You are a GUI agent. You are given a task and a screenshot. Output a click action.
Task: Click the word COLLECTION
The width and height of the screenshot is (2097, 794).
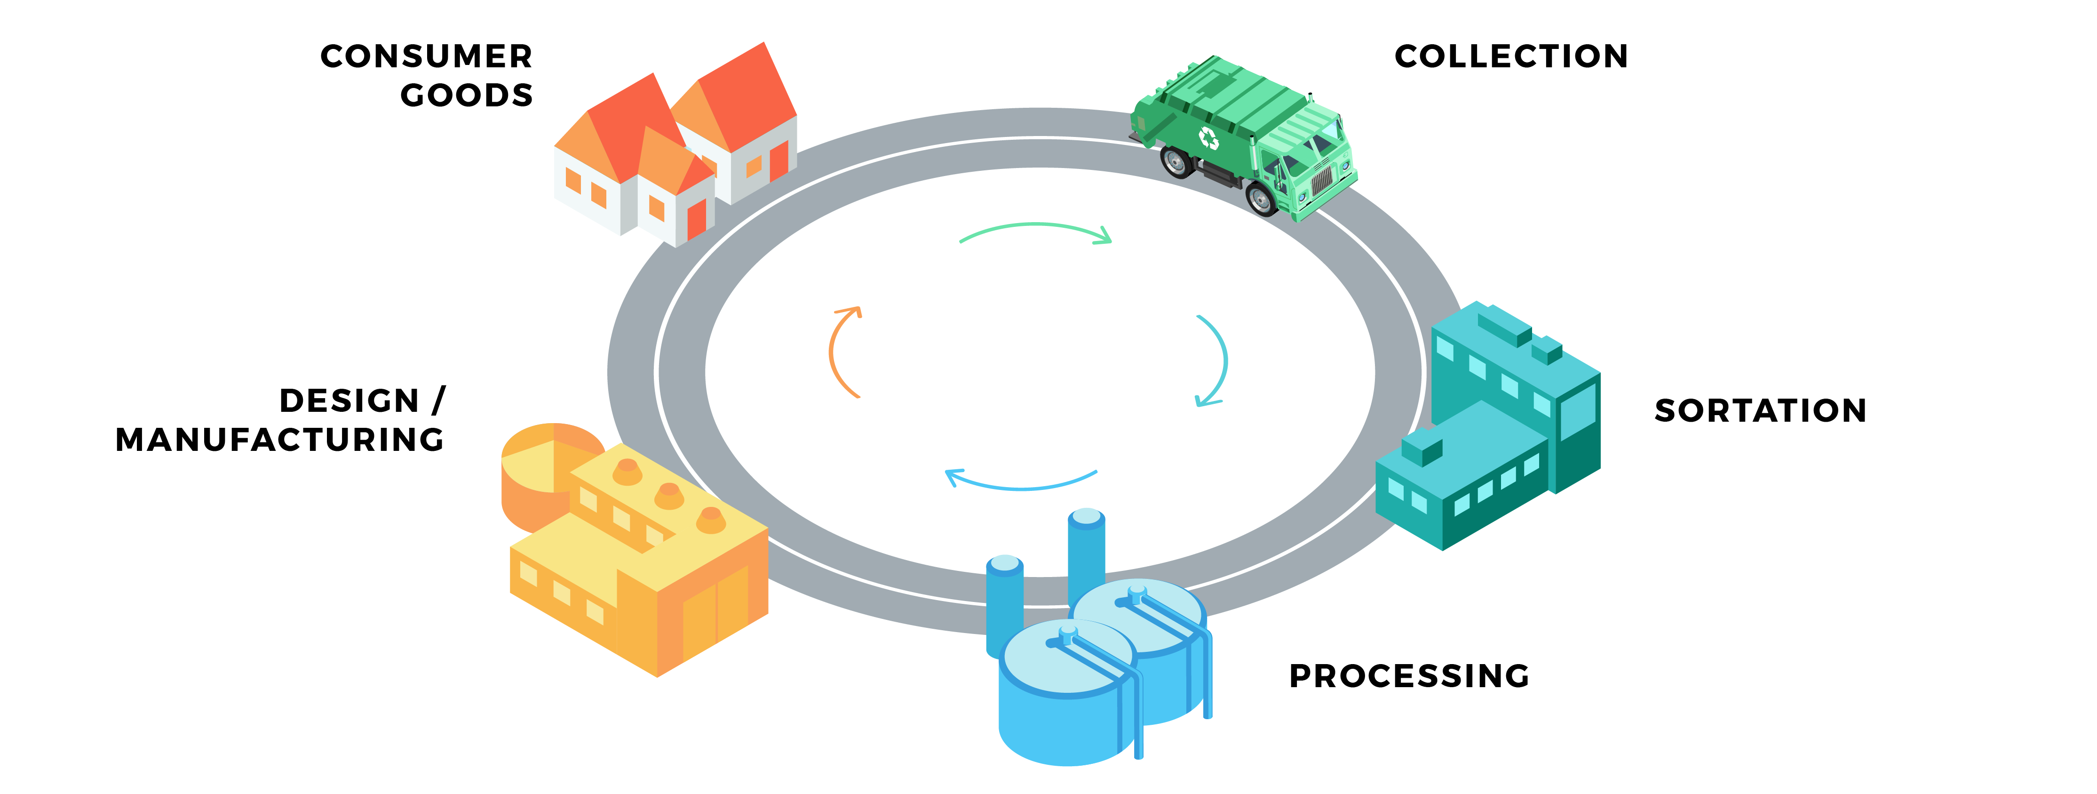point(1511,56)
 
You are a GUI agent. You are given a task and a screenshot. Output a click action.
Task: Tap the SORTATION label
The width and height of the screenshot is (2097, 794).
point(1760,410)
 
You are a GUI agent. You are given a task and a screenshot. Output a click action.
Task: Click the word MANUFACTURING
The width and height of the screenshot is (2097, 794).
point(280,440)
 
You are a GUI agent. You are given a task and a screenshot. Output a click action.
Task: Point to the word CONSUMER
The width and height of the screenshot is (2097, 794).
point(427,56)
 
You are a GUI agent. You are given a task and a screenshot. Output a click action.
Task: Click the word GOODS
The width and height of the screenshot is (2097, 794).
point(467,95)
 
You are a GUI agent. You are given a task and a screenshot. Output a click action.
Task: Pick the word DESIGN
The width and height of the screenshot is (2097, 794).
point(349,401)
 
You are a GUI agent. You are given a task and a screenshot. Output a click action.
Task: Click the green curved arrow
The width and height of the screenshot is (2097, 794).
point(1035,225)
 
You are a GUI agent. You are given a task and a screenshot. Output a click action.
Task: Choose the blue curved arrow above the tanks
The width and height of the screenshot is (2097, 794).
point(1022,488)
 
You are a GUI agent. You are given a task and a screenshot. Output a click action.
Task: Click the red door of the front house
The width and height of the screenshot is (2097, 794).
point(697,220)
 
